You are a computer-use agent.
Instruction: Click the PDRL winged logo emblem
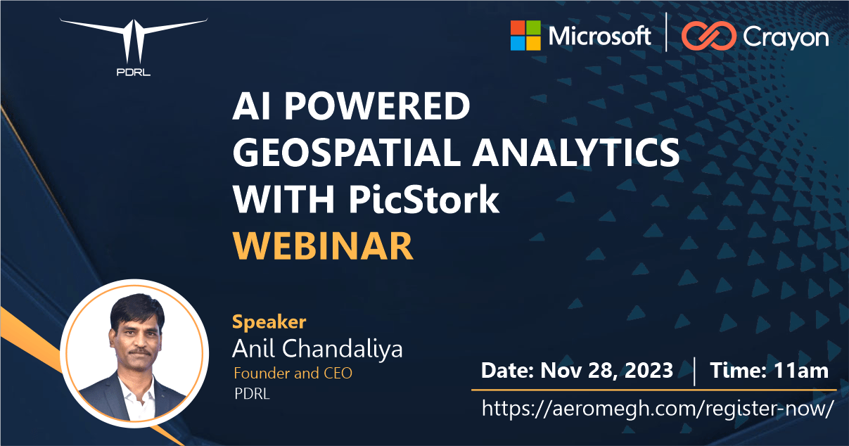(133, 41)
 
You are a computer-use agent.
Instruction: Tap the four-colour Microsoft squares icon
(525, 36)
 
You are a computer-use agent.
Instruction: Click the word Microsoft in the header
(599, 37)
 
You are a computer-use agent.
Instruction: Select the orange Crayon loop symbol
(709, 36)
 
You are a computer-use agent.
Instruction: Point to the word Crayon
(785, 38)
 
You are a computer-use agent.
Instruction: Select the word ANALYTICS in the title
(575, 153)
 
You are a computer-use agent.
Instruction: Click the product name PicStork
(423, 199)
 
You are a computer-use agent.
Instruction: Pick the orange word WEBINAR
(323, 246)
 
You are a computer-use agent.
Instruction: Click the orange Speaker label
(269, 323)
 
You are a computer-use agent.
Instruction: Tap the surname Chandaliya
(342, 348)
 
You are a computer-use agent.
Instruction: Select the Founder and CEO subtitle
(293, 374)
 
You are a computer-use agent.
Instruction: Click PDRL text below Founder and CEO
(252, 394)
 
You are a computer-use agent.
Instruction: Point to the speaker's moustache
(139, 351)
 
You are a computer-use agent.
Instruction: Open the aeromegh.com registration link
(658, 409)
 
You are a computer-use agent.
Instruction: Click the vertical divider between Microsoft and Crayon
(666, 32)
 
